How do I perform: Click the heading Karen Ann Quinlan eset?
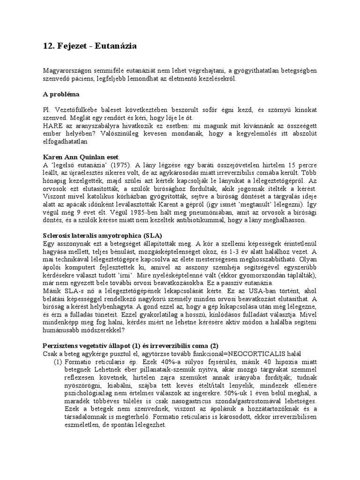click(x=81, y=156)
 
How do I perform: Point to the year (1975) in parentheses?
click(x=122, y=165)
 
